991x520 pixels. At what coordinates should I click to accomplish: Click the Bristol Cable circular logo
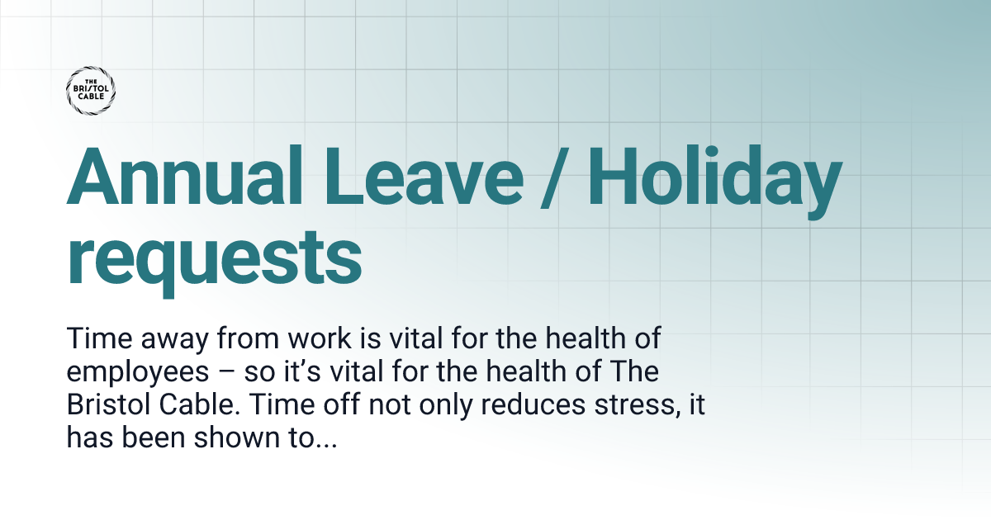(90, 90)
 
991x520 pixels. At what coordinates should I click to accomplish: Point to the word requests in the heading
(214, 258)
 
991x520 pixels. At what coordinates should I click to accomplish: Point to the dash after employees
(234, 373)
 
